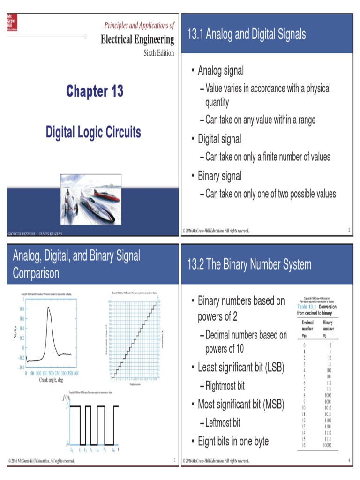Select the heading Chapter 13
(95, 91)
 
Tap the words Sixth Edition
(158, 53)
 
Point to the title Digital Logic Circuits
(93, 132)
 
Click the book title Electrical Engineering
(137, 39)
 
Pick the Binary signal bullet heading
(219, 176)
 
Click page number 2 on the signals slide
(349, 230)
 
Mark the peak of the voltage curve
(49, 307)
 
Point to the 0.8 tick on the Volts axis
(22, 309)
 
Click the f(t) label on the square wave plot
(67, 398)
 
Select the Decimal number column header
(308, 325)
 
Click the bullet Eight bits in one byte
(233, 441)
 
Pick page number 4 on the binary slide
(349, 461)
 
